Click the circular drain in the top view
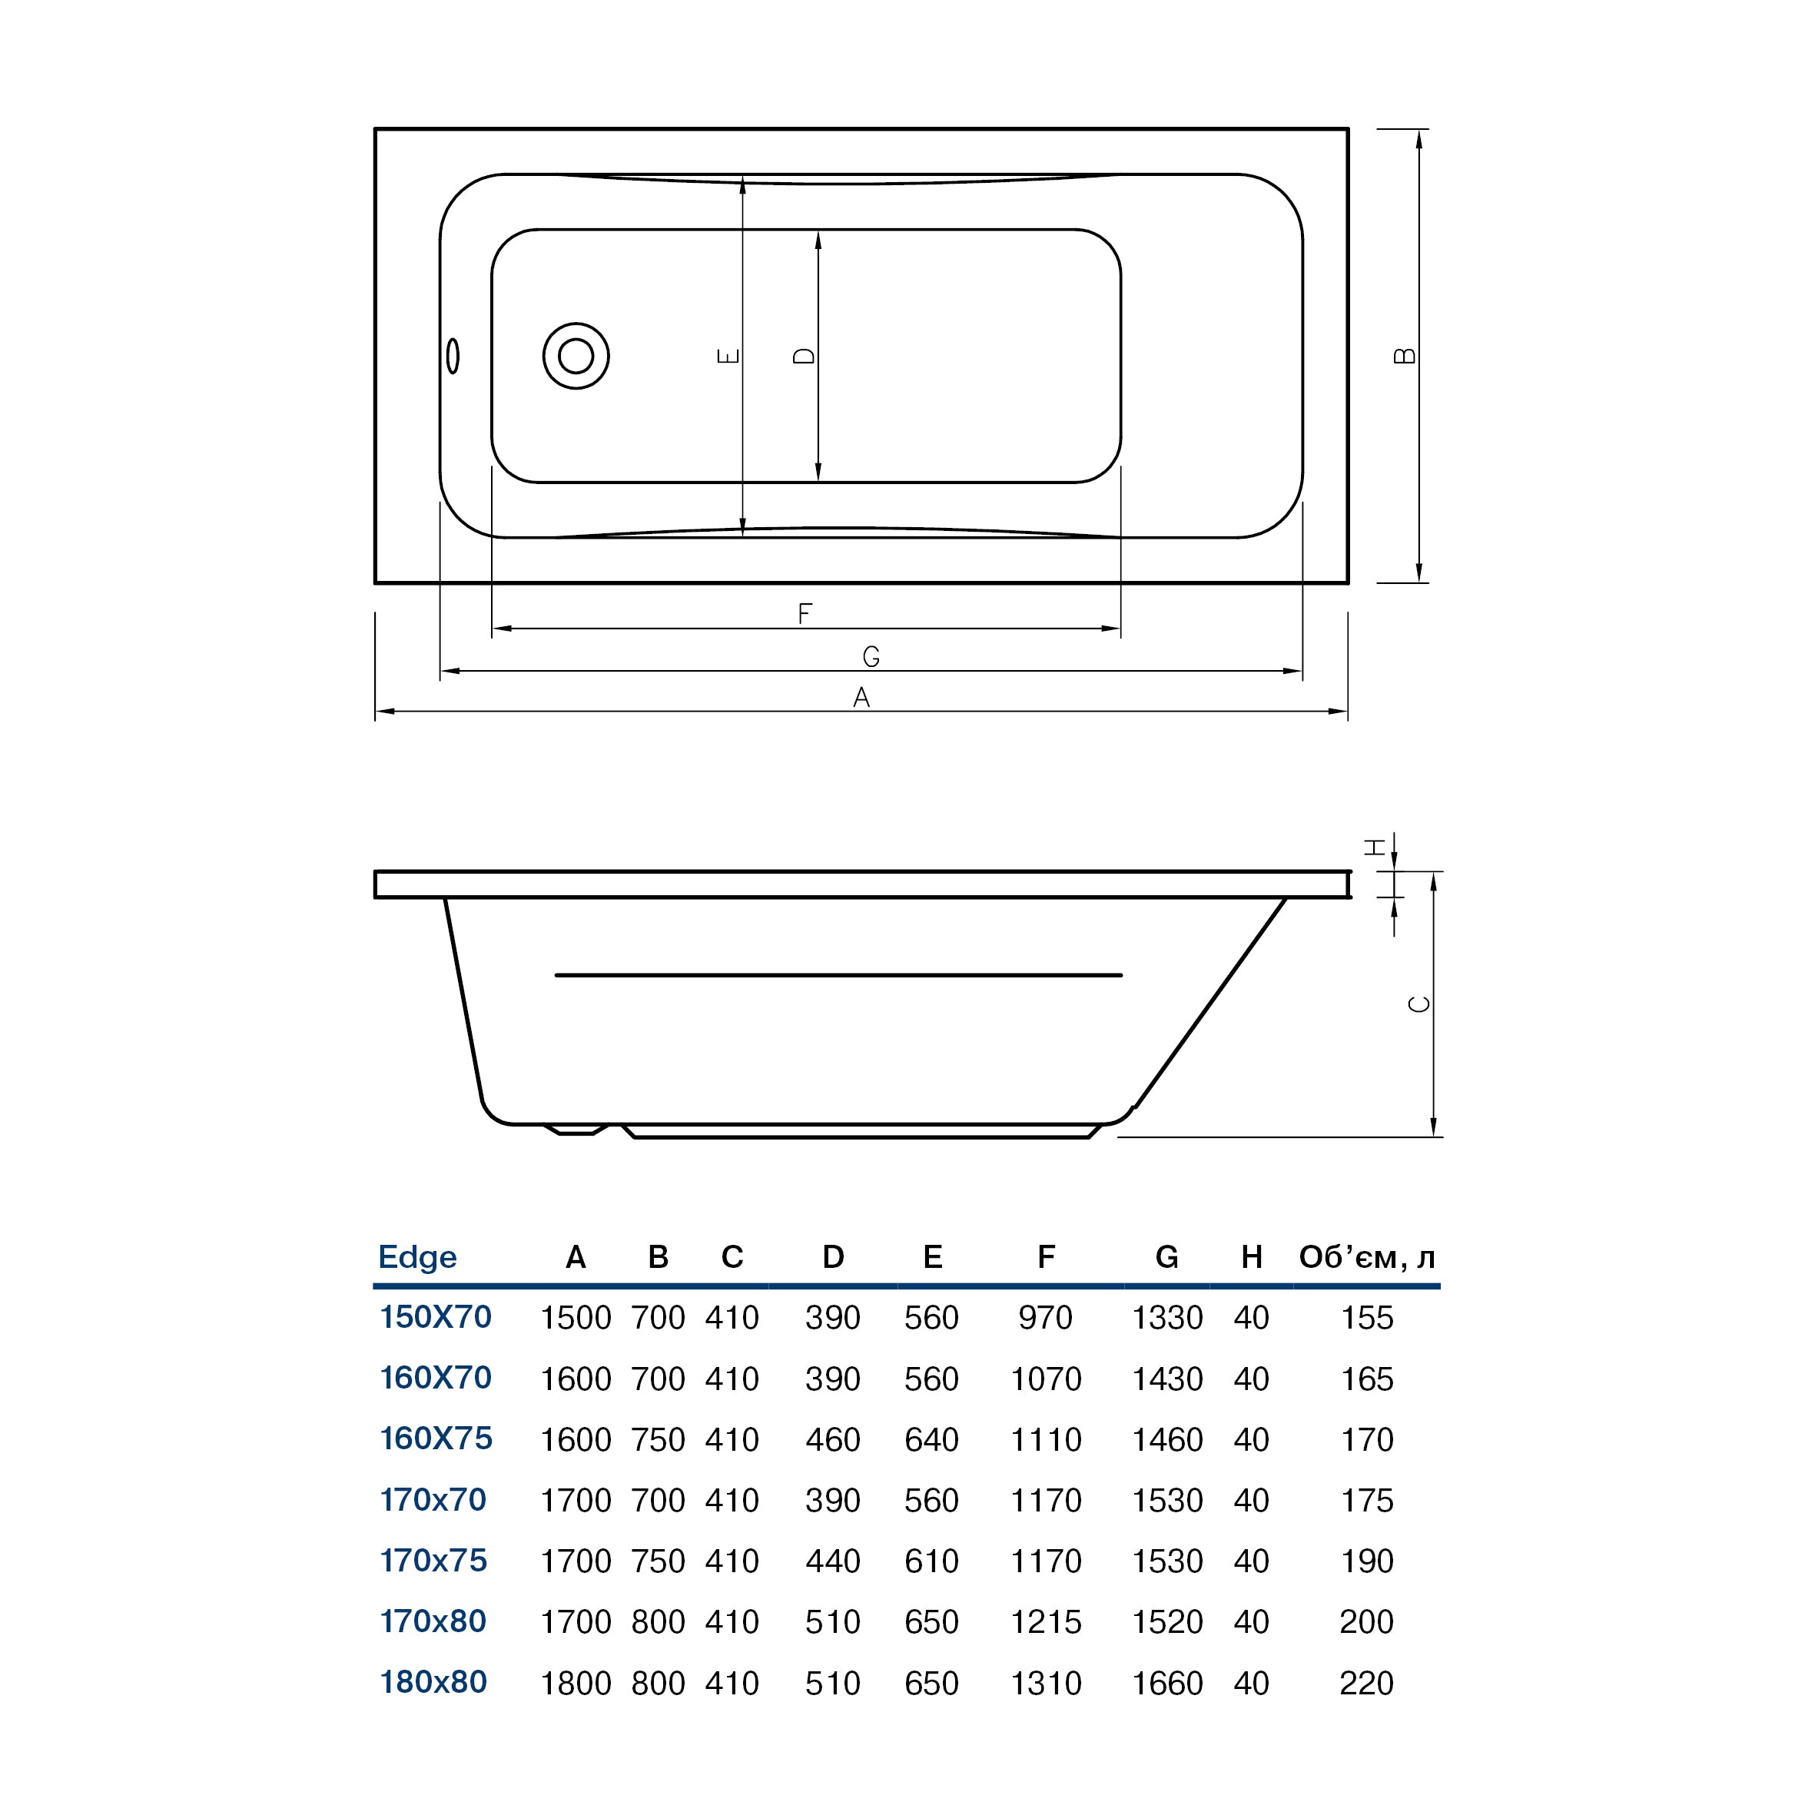(576, 356)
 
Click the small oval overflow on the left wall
(453, 356)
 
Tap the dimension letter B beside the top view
(1405, 355)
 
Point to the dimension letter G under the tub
(871, 657)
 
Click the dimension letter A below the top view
(861, 697)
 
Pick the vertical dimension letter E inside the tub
(728, 356)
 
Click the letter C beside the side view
(1419, 1004)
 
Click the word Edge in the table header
(417, 1257)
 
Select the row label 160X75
(436, 1438)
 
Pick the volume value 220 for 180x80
(1366, 1683)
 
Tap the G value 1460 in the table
(1166, 1439)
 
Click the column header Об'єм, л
(1366, 1257)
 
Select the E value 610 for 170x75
(931, 1561)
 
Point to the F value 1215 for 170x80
(1046, 1621)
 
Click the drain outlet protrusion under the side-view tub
(576, 1130)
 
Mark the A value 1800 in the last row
(575, 1683)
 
